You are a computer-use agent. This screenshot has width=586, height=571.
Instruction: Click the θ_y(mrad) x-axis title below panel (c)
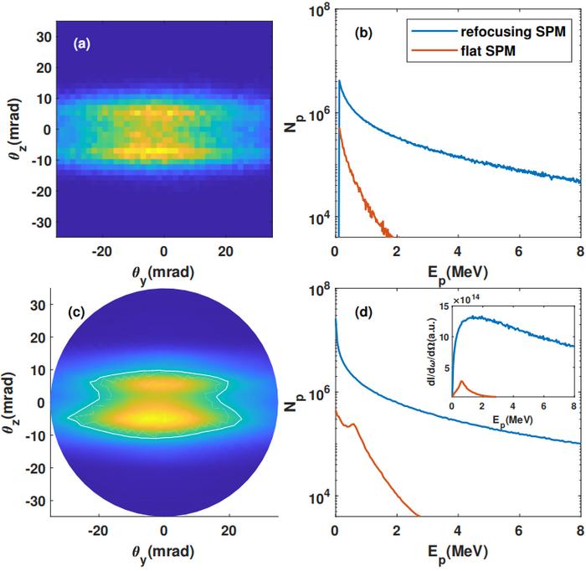click(163, 553)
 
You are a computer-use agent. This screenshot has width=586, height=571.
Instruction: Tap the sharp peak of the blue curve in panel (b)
click(339, 81)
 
